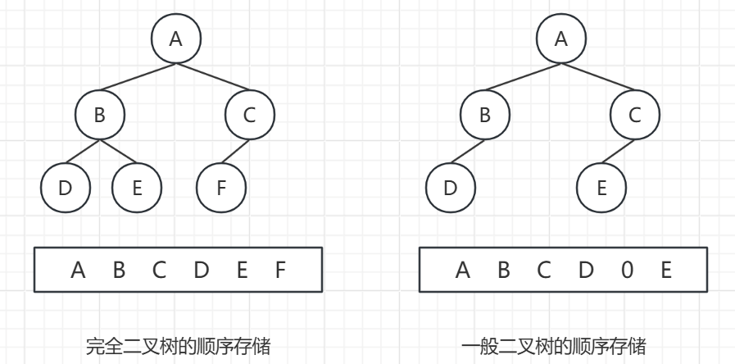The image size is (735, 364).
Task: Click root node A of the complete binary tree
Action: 175,39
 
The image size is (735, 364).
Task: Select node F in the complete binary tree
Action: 221,187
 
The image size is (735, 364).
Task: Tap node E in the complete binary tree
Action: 137,187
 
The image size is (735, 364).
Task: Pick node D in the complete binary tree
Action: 65,187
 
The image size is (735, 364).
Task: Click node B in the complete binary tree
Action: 99,115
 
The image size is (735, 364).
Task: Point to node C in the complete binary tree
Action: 249,115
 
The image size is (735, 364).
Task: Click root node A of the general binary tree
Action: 560,39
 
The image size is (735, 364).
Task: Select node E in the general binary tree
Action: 601,187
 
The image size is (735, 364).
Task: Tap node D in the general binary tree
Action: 450,187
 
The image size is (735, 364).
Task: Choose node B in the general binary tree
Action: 484,115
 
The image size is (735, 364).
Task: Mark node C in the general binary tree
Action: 634,115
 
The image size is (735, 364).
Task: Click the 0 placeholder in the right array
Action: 627,269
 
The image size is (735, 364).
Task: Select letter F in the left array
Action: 280,269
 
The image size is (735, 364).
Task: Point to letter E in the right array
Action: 666,269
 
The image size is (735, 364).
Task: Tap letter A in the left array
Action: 78,269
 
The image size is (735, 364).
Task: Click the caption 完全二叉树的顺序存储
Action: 178,347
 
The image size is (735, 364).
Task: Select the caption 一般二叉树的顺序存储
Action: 553,347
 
